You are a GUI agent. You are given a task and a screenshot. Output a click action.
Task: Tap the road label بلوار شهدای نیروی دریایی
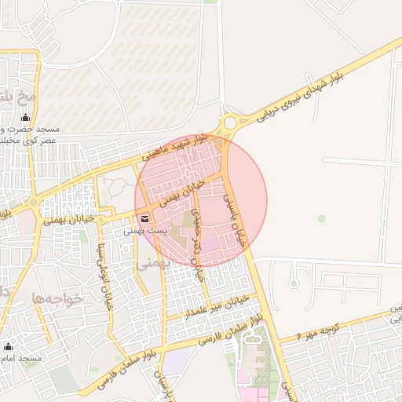tap(322, 87)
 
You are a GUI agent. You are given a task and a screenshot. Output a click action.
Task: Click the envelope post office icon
tap(144, 219)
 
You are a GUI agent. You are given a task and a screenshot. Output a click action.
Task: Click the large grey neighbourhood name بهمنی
tap(152, 265)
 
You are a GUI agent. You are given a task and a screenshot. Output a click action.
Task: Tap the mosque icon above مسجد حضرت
tap(26, 118)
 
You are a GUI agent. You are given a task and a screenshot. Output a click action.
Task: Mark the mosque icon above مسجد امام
tap(9, 345)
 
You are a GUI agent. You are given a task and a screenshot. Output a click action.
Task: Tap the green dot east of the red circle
tap(321, 217)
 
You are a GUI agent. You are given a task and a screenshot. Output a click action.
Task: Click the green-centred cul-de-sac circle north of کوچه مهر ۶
tap(294, 282)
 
